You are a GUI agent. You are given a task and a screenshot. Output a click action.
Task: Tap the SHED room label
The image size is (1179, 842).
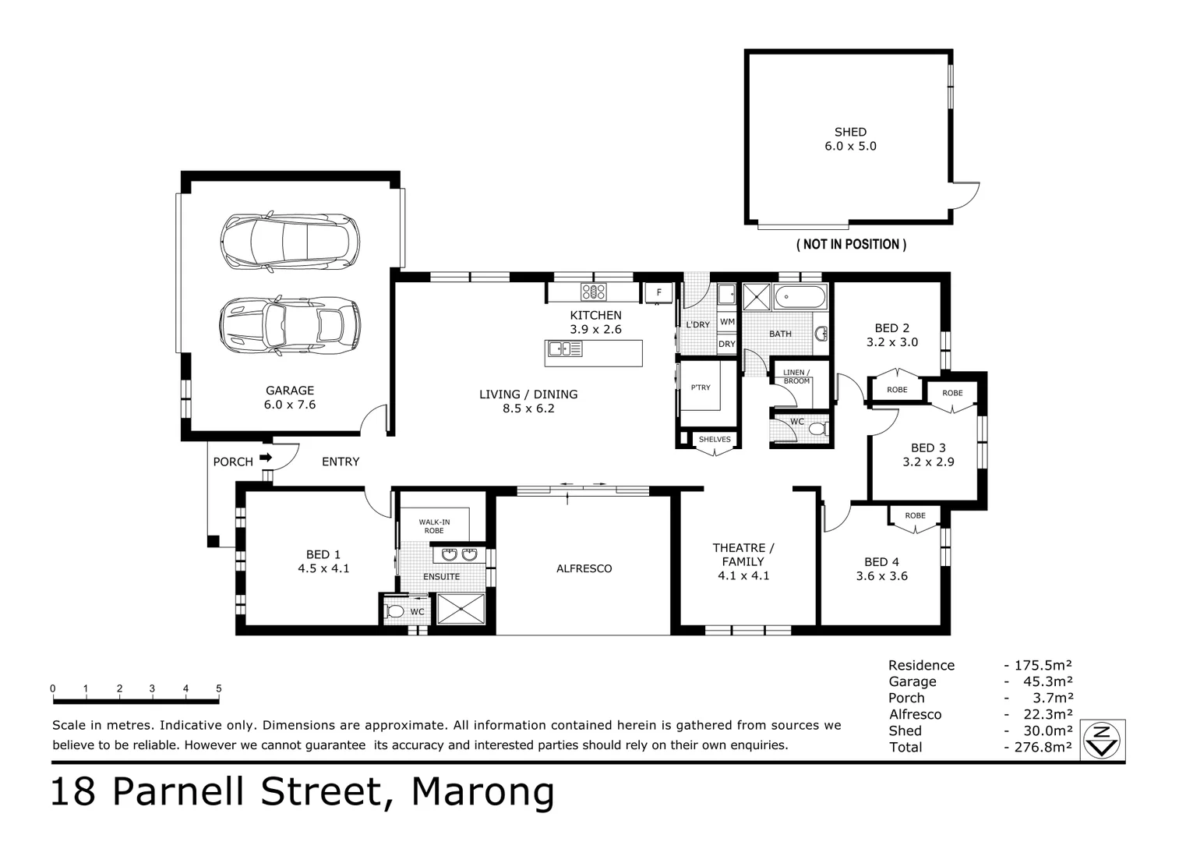coord(850,133)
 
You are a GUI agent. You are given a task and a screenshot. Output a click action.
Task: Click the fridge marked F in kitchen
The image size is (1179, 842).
coord(658,293)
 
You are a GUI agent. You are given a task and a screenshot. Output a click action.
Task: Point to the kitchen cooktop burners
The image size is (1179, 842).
coord(594,292)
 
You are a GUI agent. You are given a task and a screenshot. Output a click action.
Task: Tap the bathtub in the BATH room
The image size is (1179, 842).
coord(800,297)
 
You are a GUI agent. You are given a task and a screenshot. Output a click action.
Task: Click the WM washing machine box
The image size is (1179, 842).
coord(727,322)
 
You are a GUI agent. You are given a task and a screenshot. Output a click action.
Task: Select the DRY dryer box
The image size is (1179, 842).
coord(727,344)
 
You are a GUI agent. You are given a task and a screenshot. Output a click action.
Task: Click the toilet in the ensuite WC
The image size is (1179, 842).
coord(394,611)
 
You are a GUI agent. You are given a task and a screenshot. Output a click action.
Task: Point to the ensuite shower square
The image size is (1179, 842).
coord(461,608)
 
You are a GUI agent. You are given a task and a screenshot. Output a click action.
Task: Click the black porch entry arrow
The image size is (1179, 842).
coord(266,458)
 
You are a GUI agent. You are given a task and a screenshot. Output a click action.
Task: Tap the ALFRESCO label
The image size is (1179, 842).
coord(584,569)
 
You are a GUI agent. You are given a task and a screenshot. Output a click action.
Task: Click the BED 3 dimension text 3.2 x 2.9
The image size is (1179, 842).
coord(928,462)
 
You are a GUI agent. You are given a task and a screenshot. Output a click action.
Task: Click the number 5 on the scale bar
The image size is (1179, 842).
coord(219,688)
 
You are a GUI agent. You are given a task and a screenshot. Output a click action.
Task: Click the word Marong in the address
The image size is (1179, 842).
coord(483,792)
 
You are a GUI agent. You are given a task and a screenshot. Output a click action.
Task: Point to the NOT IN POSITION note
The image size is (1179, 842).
coord(851,245)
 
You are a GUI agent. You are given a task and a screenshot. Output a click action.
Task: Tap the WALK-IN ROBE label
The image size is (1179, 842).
coord(434,526)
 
